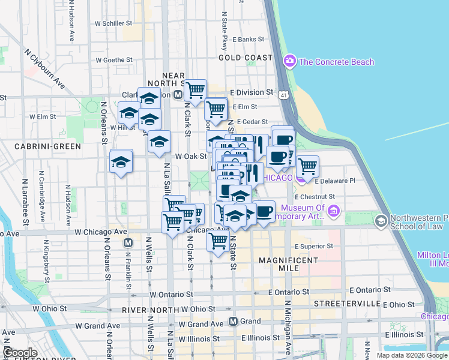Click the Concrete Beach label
click(x=336, y=62)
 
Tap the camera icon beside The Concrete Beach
click(x=290, y=61)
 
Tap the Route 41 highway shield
click(x=283, y=95)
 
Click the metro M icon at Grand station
click(x=234, y=321)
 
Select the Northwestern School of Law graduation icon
click(x=380, y=222)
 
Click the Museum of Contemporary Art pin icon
click(x=334, y=210)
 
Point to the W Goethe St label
click(x=113, y=60)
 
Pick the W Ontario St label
click(x=172, y=295)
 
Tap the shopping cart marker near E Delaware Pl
click(x=307, y=166)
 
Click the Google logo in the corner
click(x=19, y=353)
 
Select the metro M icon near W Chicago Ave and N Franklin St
click(x=127, y=243)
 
